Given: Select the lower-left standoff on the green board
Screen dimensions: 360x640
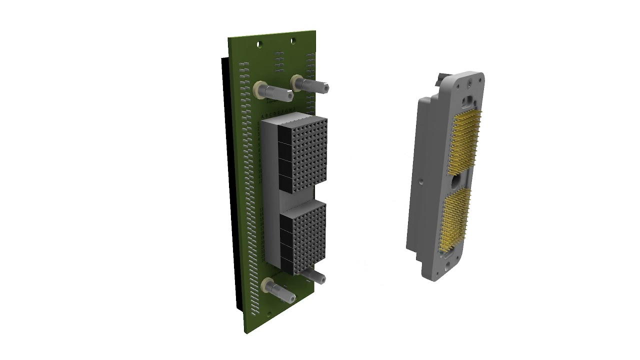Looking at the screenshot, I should pyautogui.click(x=278, y=290).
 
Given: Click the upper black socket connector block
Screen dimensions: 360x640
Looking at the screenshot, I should pyautogui.click(x=302, y=152).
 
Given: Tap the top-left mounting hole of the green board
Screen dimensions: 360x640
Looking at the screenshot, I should pyautogui.click(x=259, y=44).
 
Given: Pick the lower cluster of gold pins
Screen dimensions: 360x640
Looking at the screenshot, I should pyautogui.click(x=455, y=220).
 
